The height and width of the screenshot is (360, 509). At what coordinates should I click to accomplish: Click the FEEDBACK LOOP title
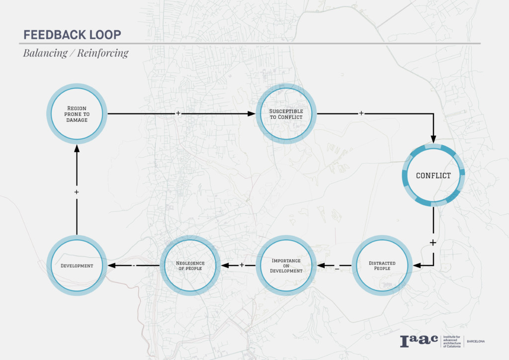(x=73, y=35)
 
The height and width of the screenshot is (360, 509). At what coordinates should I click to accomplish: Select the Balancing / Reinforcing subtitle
(x=76, y=53)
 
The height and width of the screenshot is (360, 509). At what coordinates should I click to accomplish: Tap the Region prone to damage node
(x=77, y=114)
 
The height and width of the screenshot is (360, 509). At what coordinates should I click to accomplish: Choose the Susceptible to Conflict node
(x=286, y=114)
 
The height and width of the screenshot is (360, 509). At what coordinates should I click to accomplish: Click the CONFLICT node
(x=433, y=176)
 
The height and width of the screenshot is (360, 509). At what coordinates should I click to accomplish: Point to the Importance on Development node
(x=286, y=266)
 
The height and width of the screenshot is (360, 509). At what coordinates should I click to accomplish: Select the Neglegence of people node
(x=190, y=266)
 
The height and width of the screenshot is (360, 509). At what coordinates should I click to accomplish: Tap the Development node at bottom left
(x=77, y=266)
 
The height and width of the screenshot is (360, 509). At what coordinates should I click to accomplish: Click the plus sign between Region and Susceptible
(x=178, y=113)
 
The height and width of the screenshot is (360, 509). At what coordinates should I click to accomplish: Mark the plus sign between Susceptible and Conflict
(x=361, y=113)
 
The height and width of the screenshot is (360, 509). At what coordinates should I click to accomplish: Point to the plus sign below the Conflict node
(x=433, y=243)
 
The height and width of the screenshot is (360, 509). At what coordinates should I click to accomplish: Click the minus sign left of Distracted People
(x=337, y=269)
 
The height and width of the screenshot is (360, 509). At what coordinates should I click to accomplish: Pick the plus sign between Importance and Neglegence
(x=242, y=265)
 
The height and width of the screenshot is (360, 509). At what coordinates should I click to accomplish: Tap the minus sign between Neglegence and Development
(x=134, y=266)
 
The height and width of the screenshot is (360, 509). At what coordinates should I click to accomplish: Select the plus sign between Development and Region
(x=77, y=191)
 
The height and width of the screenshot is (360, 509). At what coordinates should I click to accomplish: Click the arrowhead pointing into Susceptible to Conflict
(x=252, y=114)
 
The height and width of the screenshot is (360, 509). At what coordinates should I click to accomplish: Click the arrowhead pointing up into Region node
(x=77, y=149)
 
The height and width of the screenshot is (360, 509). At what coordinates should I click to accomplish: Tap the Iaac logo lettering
(x=419, y=341)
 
